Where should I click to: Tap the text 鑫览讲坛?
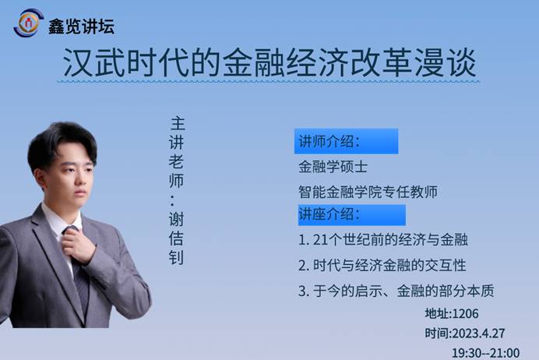(x=81, y=26)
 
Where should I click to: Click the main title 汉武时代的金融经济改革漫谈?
(x=269, y=62)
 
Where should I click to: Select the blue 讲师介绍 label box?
(x=346, y=141)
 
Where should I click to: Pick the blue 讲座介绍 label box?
(x=352, y=215)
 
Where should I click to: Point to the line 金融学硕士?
(x=333, y=167)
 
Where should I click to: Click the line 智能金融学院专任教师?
(x=368, y=192)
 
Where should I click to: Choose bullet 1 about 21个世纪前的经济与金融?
(x=383, y=240)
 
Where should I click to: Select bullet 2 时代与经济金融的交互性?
(x=382, y=266)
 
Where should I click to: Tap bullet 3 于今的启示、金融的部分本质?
(x=396, y=291)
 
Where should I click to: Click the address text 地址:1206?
(x=452, y=313)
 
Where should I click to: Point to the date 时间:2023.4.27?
(x=465, y=334)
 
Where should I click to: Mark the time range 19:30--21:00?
(x=485, y=353)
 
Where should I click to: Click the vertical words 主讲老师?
(x=177, y=152)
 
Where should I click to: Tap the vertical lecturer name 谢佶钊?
(x=176, y=238)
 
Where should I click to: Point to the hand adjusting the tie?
(x=79, y=245)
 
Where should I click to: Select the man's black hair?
(x=61, y=144)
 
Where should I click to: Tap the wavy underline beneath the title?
(x=269, y=82)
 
